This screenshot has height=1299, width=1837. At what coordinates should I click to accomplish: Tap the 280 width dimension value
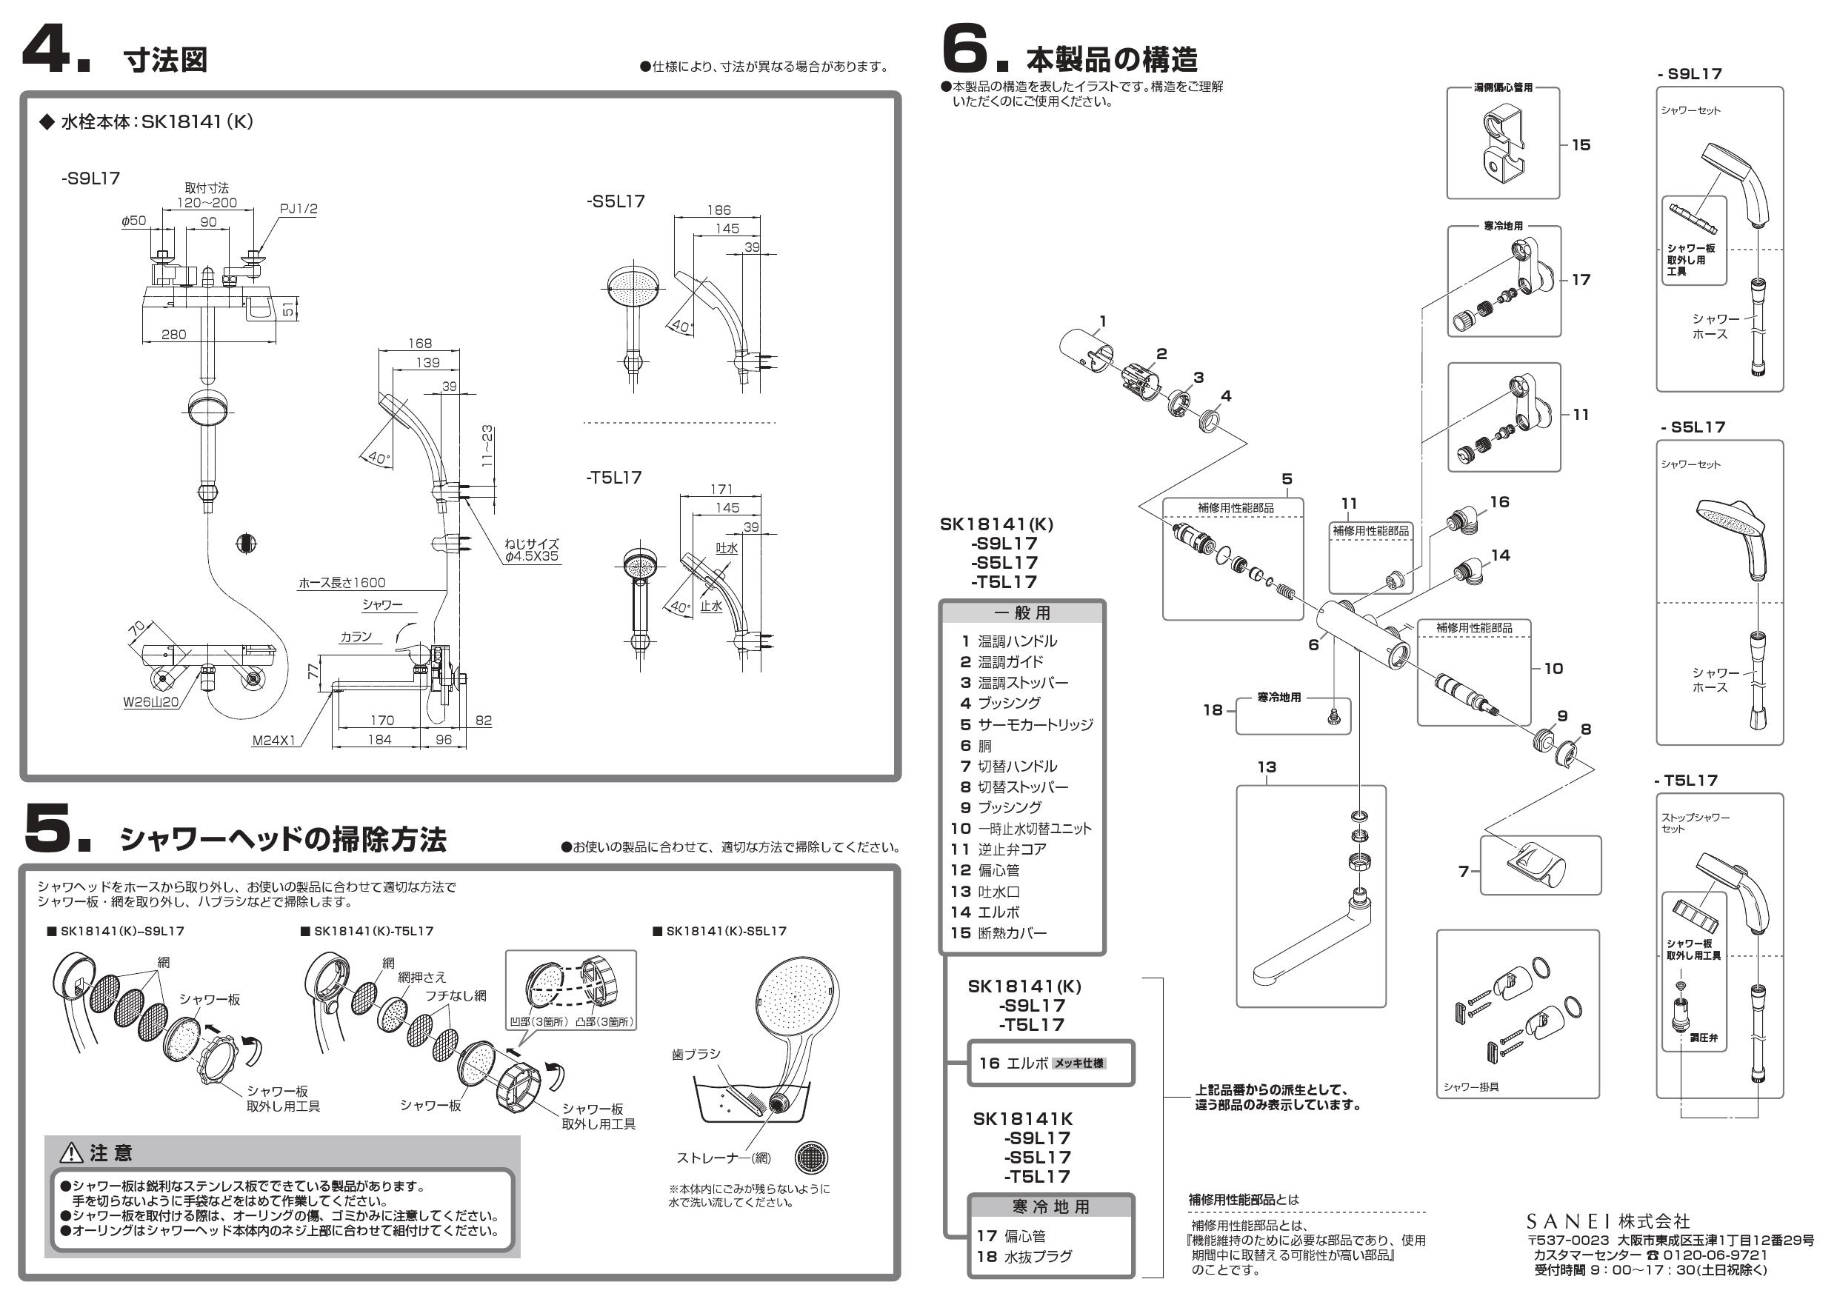[x=173, y=334]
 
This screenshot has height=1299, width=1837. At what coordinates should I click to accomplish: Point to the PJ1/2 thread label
[x=299, y=210]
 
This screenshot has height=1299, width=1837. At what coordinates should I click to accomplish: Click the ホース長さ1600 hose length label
[x=341, y=583]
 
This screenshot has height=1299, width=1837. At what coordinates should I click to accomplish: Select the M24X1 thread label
[x=273, y=741]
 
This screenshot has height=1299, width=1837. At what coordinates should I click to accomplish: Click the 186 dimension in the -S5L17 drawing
[x=719, y=210]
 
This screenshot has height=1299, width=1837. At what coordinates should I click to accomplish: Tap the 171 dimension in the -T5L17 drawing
[x=721, y=489]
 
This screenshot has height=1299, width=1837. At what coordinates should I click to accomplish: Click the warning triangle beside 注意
[x=72, y=1152]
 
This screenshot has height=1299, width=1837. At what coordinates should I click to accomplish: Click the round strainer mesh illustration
[x=810, y=1158]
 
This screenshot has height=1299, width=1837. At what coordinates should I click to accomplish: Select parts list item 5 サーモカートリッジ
[x=1027, y=725]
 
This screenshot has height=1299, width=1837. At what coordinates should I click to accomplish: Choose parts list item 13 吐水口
[x=986, y=891]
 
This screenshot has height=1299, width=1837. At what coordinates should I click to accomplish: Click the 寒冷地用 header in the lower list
[x=1050, y=1207]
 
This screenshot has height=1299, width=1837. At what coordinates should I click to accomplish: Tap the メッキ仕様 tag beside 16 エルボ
[x=1078, y=1063]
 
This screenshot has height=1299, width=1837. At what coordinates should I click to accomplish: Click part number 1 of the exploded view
[x=1102, y=321]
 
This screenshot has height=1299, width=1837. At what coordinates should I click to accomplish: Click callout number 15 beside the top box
[x=1581, y=144]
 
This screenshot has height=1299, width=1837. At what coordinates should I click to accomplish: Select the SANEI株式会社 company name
[x=1608, y=1221]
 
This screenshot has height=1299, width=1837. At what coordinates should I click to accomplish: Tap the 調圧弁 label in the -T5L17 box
[x=1704, y=1038]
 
